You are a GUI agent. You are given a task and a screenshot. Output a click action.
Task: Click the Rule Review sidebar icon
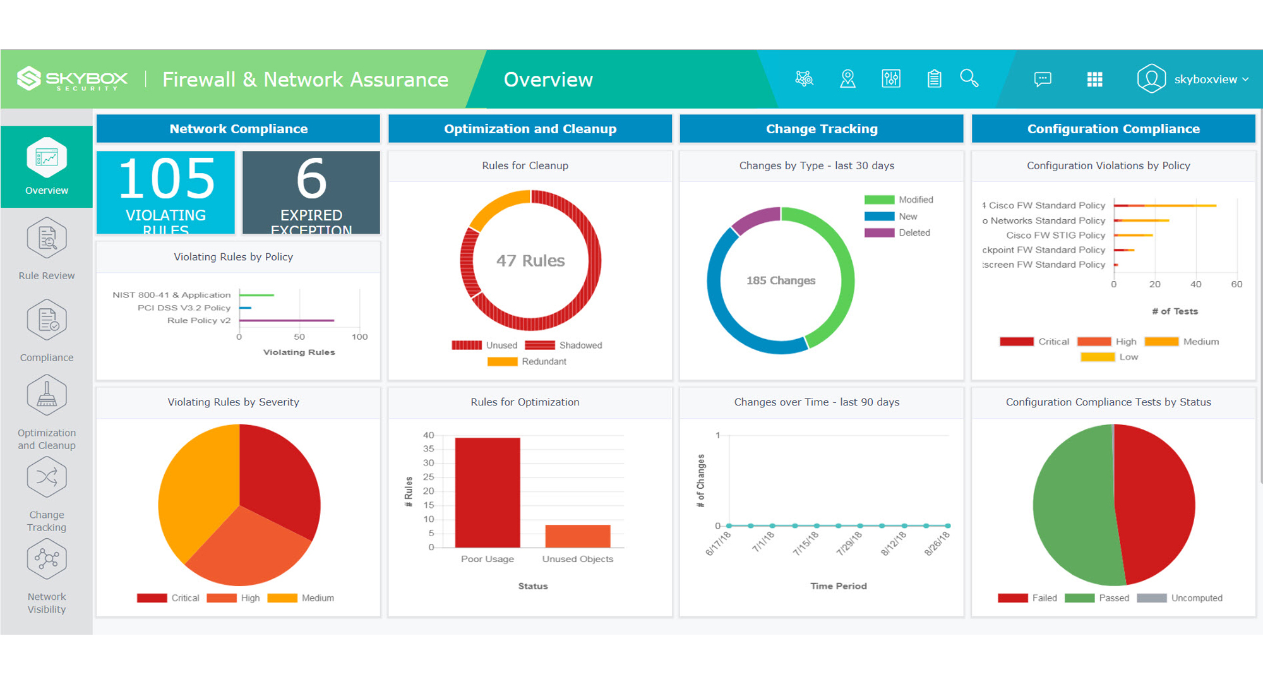coord(47,239)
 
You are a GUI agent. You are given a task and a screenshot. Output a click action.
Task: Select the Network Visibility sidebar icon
coord(47,560)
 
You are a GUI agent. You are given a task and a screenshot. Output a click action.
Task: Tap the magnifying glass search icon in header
coord(969,79)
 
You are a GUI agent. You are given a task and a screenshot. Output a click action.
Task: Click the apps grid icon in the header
coord(1094,79)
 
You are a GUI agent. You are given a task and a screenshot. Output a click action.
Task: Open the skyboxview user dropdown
coord(1194,79)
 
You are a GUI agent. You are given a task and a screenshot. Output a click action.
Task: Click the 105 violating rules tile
coord(165,192)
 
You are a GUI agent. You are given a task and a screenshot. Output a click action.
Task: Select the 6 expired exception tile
coord(311,192)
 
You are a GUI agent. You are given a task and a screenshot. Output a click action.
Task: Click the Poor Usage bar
coord(488,493)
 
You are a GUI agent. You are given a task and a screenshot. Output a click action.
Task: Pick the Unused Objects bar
coord(577,536)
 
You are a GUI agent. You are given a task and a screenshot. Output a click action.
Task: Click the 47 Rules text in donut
coord(530,260)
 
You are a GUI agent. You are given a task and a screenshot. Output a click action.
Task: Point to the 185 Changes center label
coord(781,280)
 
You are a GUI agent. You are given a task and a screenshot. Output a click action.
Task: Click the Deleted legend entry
coord(914,232)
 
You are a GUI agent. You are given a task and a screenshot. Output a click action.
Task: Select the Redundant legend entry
coord(543,361)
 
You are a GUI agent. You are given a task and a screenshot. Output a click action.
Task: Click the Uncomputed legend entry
coord(1196,597)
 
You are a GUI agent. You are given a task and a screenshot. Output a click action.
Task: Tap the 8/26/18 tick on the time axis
coord(937,543)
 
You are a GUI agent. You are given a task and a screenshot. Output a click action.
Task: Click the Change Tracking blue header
coord(821,129)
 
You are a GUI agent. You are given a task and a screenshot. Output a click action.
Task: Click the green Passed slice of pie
coord(1074,505)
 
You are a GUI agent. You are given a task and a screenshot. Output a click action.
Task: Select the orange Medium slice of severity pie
coord(196,486)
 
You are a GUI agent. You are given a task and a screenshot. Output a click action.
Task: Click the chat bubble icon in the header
coord(1042,79)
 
